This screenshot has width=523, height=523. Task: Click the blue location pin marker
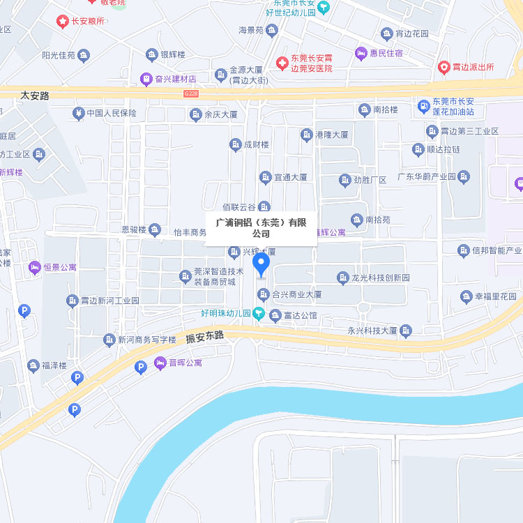[x=261, y=264]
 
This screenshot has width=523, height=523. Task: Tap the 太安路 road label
[x=35, y=96]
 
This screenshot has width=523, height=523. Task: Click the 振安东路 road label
[x=205, y=337]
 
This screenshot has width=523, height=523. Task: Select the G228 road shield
[x=191, y=93]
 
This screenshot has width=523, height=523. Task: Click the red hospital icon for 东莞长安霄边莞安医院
[x=282, y=63]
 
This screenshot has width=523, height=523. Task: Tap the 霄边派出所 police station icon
[x=444, y=67]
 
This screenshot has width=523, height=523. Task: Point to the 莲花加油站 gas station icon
[x=423, y=106]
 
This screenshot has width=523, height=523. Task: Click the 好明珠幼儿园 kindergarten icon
[x=259, y=314]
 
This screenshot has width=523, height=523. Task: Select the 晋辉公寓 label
[x=185, y=363]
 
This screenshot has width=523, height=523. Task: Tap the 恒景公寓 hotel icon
[x=34, y=267]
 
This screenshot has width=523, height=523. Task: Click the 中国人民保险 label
[x=111, y=113]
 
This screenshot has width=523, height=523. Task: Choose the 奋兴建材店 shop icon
[x=146, y=78]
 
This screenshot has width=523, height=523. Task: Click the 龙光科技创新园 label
[x=380, y=278]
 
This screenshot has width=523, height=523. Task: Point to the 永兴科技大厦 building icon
[x=406, y=330]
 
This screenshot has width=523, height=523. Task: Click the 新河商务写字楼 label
[x=146, y=340]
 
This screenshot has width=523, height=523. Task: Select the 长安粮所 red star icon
[x=62, y=21]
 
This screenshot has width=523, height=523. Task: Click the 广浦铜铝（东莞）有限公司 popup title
[x=261, y=228]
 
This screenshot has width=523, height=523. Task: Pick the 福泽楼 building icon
[x=33, y=365]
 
